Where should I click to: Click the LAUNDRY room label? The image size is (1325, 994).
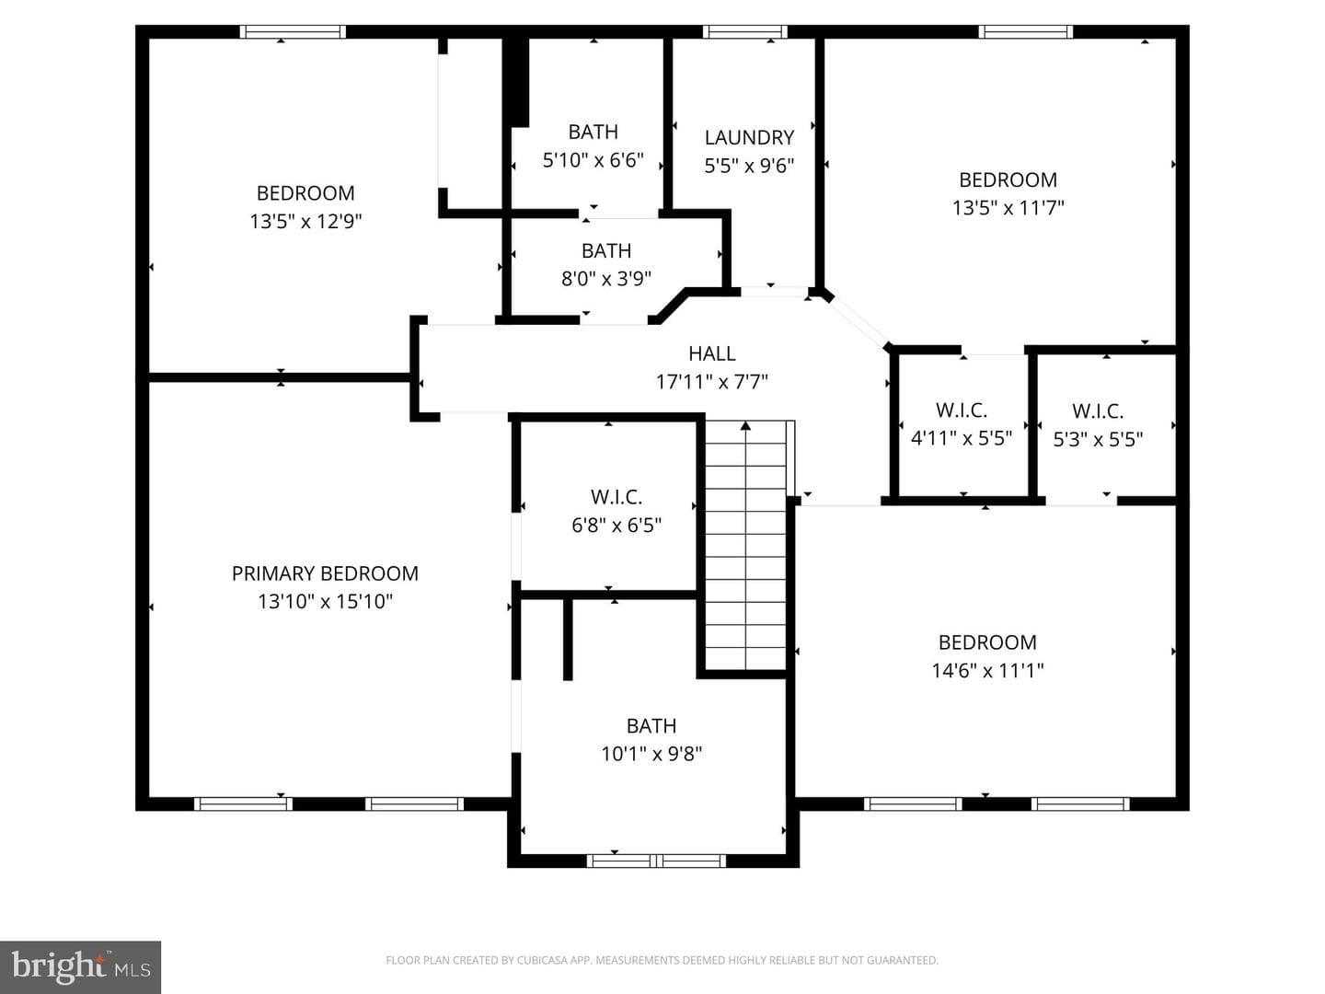749,138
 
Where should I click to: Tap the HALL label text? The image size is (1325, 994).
711,353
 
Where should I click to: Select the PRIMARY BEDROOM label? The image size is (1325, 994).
325,573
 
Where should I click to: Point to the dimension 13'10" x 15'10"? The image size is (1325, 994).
326,602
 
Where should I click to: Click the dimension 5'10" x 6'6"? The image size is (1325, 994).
593,160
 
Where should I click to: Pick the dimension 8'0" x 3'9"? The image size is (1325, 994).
606,279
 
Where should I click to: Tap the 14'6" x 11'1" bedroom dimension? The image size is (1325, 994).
987,671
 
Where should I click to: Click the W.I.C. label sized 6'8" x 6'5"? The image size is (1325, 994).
616,497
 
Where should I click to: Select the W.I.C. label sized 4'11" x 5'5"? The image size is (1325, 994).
961,410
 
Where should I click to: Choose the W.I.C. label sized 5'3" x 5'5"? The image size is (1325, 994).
1098,411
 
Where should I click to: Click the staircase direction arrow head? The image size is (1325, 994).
745,425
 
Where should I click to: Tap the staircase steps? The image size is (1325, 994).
745,546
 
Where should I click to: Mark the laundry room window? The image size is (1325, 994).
745,31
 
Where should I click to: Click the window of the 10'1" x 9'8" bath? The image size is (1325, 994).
656,861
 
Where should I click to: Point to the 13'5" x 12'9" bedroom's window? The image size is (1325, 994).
293,31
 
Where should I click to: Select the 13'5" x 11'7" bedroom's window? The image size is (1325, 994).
1026,31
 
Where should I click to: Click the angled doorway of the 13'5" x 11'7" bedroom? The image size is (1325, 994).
858,321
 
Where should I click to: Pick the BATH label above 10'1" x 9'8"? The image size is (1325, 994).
651,725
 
